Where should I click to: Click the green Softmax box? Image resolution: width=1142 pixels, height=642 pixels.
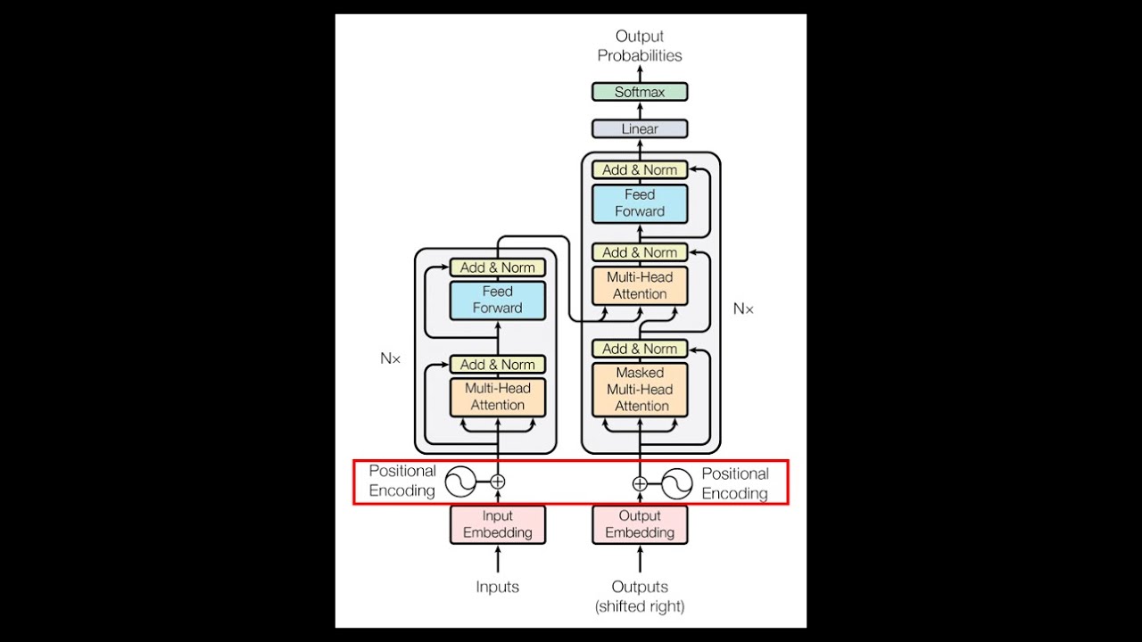(x=640, y=92)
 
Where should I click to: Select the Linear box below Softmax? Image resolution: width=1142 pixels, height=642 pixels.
(x=640, y=129)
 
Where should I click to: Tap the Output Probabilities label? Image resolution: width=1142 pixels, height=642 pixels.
(x=640, y=45)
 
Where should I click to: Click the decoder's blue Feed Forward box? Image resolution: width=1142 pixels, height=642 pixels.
(x=640, y=203)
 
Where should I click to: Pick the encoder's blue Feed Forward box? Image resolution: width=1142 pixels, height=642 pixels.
(x=497, y=300)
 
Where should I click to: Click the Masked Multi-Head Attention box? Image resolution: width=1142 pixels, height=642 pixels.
(x=640, y=390)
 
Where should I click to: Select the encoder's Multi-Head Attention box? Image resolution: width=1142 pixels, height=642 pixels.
(x=497, y=397)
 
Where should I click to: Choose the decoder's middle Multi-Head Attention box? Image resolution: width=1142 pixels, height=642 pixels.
(x=640, y=285)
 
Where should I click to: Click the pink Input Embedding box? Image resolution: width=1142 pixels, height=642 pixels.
(x=497, y=524)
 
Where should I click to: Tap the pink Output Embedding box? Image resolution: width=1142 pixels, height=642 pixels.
(x=640, y=524)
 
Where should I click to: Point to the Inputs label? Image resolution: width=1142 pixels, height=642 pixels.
(x=497, y=587)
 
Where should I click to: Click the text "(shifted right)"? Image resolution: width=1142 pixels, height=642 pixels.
(x=640, y=606)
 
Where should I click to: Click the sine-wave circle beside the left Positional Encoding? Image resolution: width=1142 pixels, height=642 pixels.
(x=460, y=481)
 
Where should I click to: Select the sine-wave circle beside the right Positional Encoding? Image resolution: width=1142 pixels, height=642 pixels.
(x=677, y=484)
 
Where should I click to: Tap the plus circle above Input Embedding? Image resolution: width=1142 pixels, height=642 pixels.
(x=498, y=481)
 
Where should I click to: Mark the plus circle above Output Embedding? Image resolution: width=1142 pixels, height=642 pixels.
(x=640, y=484)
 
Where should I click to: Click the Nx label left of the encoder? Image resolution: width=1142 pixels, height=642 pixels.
(x=391, y=358)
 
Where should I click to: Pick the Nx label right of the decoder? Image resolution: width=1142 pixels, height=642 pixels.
(x=743, y=309)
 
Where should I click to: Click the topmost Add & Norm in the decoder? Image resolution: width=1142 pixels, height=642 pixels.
(x=640, y=169)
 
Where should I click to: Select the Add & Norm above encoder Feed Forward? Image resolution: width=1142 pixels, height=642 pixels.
(x=497, y=267)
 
